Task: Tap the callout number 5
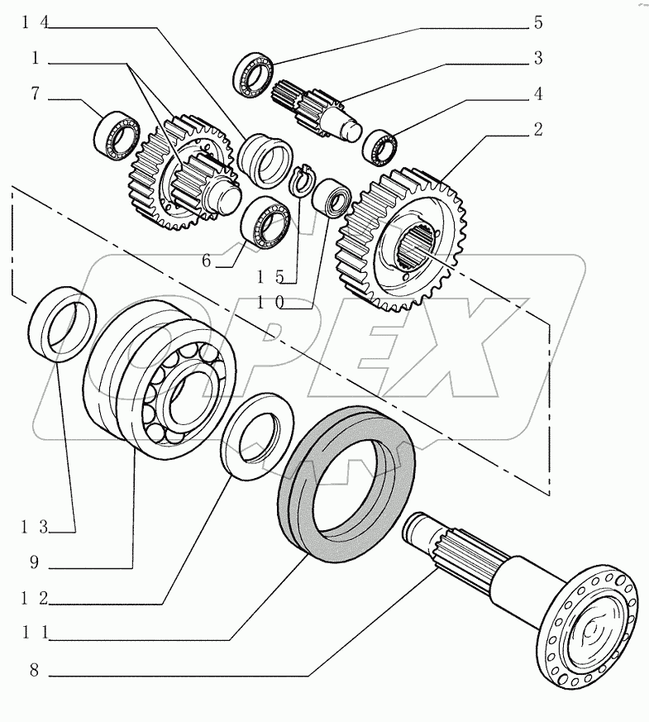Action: point(537,23)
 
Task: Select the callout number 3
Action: point(537,58)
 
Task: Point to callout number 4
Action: point(537,94)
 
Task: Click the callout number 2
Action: point(537,129)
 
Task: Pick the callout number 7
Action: point(36,95)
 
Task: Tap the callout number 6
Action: point(207,261)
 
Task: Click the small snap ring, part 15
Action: point(304,179)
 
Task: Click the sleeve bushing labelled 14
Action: point(263,159)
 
